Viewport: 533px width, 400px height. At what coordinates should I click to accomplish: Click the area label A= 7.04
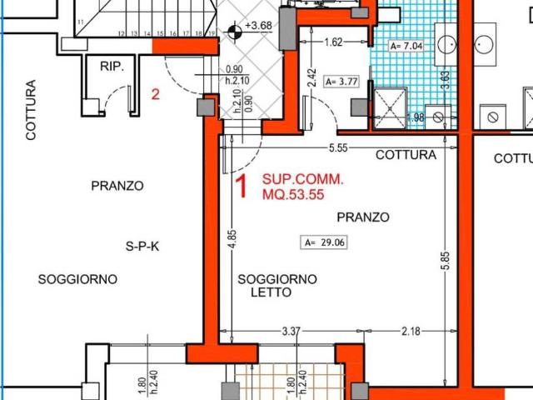coord(406,47)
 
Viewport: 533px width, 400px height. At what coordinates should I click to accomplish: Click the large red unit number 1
coord(242,187)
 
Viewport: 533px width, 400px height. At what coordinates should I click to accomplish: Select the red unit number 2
coord(155,94)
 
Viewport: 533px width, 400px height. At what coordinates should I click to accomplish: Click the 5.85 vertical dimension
coord(446,261)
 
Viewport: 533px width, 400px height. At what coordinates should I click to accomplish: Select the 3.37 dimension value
coord(291,332)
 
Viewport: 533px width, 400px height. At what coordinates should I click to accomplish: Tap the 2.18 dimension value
coord(411,332)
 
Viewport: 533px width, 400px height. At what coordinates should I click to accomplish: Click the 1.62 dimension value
coord(332,41)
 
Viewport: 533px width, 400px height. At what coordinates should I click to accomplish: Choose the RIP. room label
coord(112,66)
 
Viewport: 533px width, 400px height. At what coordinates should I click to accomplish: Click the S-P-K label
coord(142,246)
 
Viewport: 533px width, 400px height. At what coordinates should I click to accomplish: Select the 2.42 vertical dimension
coord(310,77)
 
